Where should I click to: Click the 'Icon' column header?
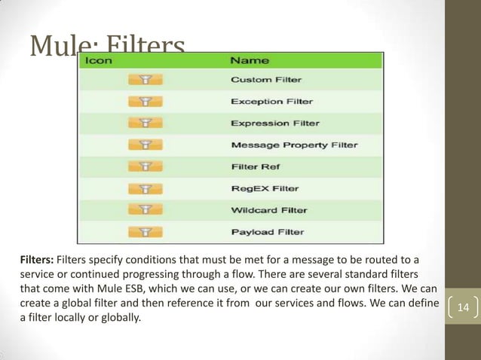[x=99, y=59]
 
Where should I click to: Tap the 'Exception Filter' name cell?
[x=271, y=101]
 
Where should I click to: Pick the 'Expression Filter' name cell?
[x=274, y=123]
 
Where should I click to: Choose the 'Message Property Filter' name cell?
[x=294, y=145]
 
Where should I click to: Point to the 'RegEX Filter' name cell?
[x=264, y=188]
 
